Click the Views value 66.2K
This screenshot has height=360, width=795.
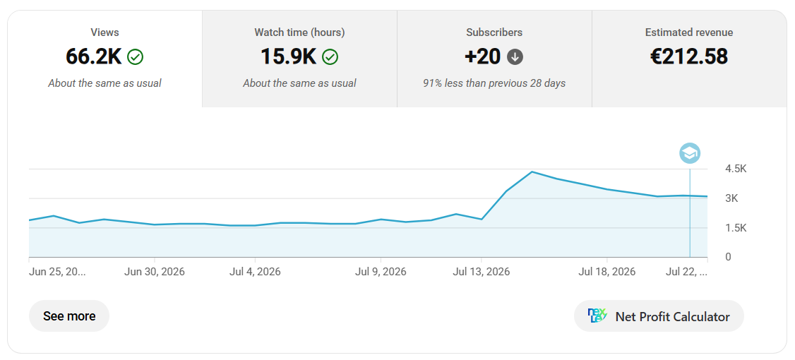(94, 56)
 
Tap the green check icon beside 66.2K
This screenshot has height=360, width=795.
(136, 57)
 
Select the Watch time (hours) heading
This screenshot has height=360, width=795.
(299, 32)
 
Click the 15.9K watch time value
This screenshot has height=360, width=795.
(289, 56)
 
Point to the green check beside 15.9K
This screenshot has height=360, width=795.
(330, 57)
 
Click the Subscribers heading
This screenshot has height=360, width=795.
(494, 32)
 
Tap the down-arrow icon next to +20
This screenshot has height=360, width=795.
(515, 57)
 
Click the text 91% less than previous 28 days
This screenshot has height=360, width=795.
(494, 83)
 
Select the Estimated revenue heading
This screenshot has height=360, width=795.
(689, 32)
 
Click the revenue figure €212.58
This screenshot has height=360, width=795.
(689, 56)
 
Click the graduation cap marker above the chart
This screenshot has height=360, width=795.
(690, 152)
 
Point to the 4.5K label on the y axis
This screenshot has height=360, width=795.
(736, 169)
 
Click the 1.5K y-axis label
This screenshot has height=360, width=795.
(736, 228)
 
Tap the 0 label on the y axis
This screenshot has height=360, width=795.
(729, 257)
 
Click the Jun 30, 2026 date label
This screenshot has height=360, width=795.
(155, 272)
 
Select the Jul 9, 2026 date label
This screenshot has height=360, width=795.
(381, 272)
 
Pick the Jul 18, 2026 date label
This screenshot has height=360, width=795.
(607, 272)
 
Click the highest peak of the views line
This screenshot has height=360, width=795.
(532, 172)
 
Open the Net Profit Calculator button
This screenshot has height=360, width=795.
(659, 316)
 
